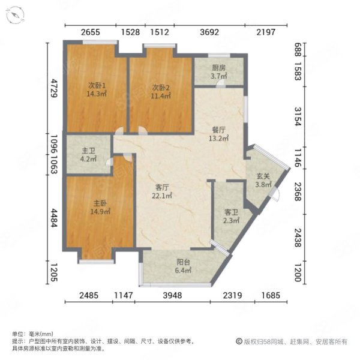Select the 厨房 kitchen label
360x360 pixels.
point(218,68)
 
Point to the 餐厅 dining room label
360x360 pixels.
point(218,129)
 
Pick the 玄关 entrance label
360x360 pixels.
point(263,176)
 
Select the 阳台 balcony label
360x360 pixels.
point(184,262)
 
